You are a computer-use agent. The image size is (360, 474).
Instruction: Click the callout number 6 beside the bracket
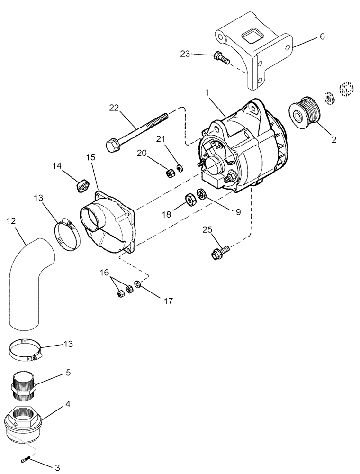[322, 36]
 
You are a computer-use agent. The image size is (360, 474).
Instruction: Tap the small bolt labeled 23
[221, 57]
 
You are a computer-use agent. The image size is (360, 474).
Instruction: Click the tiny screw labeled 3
[27, 460]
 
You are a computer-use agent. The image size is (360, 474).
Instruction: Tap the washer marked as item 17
[137, 284]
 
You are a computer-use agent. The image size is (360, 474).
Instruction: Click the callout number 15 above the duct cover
[91, 157]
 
